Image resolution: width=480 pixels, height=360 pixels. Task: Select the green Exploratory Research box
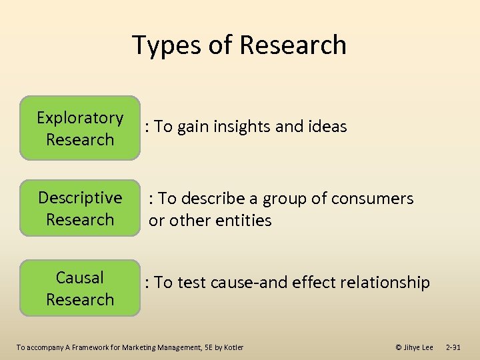[80, 129]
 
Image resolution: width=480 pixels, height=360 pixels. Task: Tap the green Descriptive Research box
[80, 209]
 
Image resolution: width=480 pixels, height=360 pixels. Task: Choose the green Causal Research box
[80, 288]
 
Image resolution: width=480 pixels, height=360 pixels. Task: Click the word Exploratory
[80, 118]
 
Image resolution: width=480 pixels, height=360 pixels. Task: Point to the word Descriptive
[80, 198]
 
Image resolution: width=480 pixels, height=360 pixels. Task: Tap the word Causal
[80, 277]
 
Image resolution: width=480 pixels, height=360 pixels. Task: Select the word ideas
[327, 127]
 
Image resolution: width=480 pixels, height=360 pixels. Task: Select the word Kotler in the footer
[233, 347]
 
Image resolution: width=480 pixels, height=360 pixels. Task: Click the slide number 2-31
[453, 347]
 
